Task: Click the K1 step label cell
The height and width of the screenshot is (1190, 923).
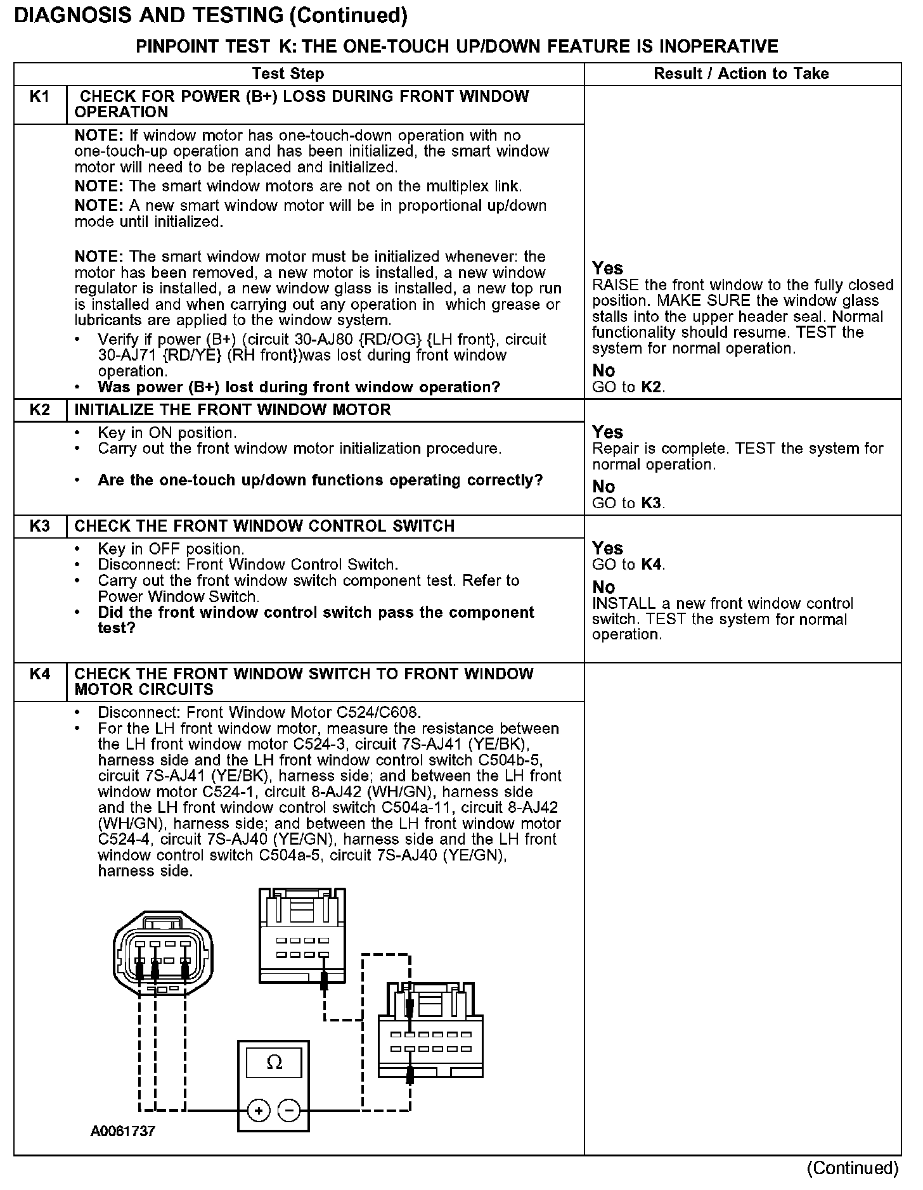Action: coord(39,97)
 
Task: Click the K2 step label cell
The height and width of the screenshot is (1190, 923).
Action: coord(39,410)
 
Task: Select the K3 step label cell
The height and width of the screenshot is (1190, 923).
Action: coord(39,527)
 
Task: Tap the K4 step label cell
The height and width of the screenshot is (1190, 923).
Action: coord(39,674)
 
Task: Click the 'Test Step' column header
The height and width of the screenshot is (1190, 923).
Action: coord(288,74)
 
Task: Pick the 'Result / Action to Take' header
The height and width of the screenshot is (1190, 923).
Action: coord(741,74)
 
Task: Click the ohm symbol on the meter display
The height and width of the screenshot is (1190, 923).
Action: coord(274,1063)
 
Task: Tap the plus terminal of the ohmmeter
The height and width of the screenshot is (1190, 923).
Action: coord(258,1111)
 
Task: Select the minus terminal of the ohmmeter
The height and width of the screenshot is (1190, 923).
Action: coord(289,1111)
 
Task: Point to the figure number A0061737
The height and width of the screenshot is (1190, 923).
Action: coord(122,1132)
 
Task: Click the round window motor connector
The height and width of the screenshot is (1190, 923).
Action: coord(163,956)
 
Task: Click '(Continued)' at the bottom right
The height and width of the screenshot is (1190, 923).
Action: coord(853,1168)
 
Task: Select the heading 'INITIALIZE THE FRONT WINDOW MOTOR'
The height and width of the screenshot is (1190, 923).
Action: coord(233,410)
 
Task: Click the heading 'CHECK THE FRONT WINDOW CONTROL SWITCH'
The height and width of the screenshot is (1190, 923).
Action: coord(264,527)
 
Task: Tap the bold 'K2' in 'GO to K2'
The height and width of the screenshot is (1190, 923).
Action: coord(652,387)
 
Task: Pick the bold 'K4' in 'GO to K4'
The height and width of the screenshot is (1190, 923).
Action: coord(652,565)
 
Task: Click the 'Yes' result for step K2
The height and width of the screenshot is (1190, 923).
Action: coord(607,432)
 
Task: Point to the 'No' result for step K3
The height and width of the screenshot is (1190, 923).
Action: coord(603,587)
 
